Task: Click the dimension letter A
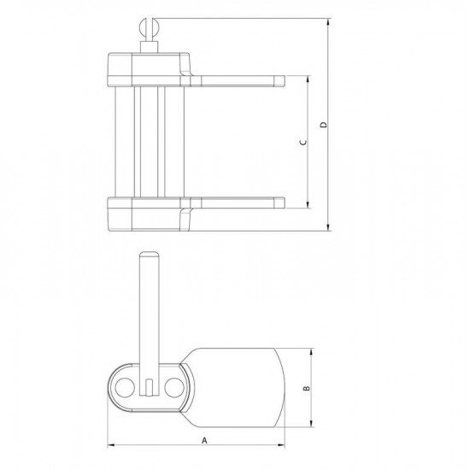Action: pyautogui.click(x=204, y=440)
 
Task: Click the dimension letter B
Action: pyautogui.click(x=307, y=389)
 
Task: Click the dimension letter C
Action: pyautogui.click(x=303, y=142)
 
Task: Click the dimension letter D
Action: pyautogui.click(x=324, y=125)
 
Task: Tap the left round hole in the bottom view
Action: pyautogui.click(x=125, y=388)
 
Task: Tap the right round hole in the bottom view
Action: pyautogui.click(x=174, y=388)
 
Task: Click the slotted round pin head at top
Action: pyautogui.click(x=150, y=28)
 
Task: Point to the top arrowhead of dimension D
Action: pyautogui.click(x=329, y=22)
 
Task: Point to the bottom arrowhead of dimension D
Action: pyautogui.click(x=329, y=227)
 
